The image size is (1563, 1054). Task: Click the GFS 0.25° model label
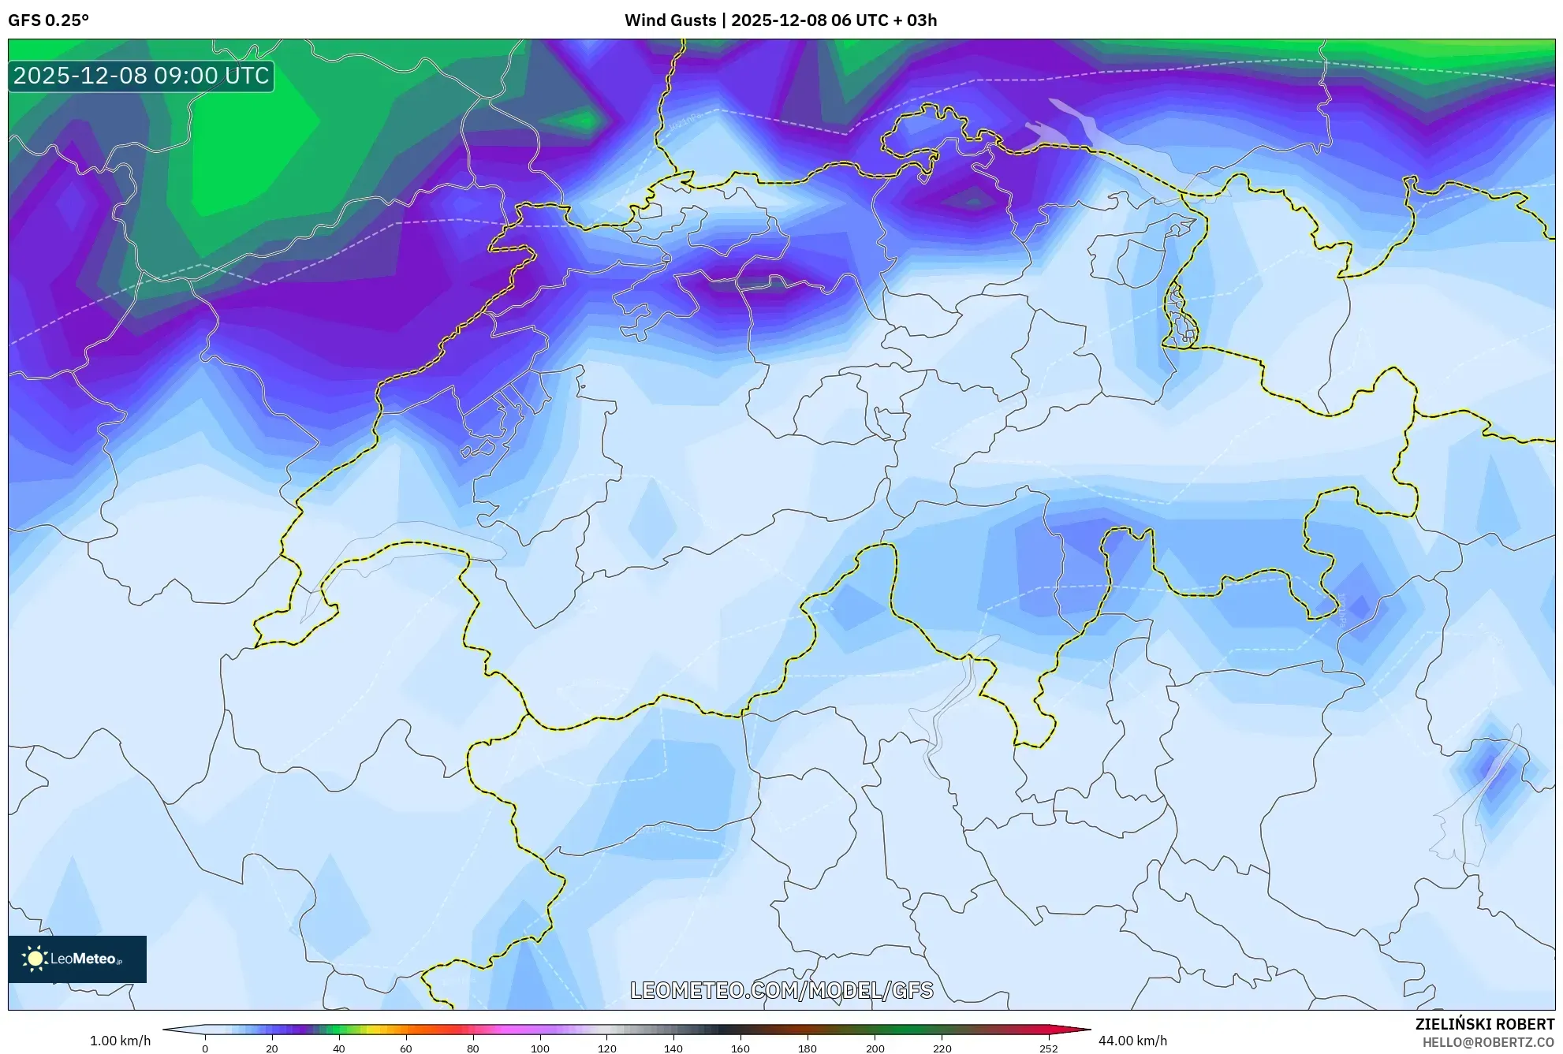click(48, 20)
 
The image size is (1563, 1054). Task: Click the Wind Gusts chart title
click(780, 20)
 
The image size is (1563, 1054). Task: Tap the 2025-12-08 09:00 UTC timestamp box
click(141, 76)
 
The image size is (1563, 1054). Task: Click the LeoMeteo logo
click(77, 959)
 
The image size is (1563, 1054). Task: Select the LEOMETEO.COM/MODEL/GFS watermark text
click(781, 990)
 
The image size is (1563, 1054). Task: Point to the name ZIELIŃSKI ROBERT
click(1484, 1024)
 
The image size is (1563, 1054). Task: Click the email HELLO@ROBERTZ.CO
click(1488, 1042)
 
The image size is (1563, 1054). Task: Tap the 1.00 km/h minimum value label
click(120, 1041)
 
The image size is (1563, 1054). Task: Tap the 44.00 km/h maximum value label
click(1132, 1041)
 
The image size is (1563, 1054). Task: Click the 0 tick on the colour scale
click(205, 1048)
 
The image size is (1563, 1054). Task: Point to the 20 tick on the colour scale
click(272, 1048)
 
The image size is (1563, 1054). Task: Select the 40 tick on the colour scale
click(339, 1048)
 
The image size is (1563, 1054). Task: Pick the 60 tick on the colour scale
click(406, 1048)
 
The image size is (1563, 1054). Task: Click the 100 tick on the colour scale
click(540, 1048)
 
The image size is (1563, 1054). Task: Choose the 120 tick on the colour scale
click(607, 1048)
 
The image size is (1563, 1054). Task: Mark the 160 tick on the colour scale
click(740, 1048)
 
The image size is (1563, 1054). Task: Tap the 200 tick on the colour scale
click(875, 1048)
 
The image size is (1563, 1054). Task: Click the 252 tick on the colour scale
click(1048, 1048)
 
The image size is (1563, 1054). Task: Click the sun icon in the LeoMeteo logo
click(35, 959)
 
